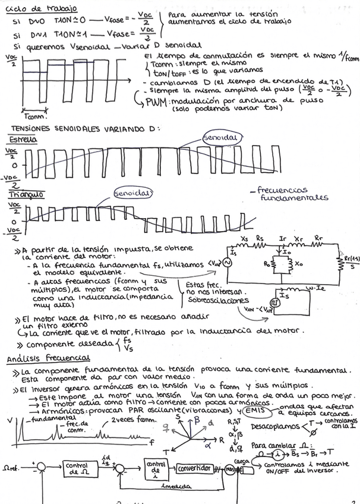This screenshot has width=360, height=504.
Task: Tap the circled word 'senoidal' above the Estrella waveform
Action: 219,137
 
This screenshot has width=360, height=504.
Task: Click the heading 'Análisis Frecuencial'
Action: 48,358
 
